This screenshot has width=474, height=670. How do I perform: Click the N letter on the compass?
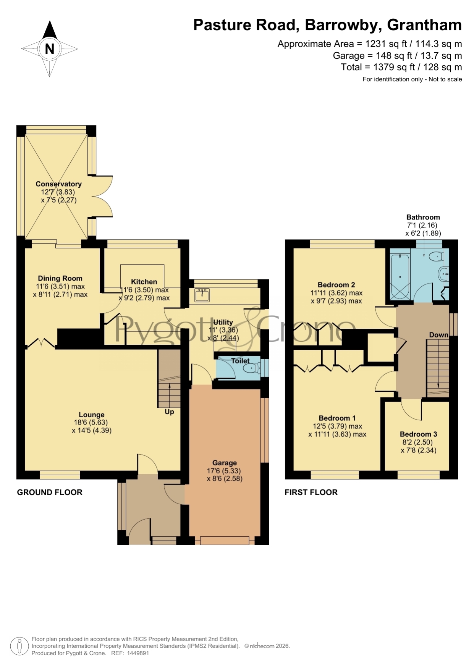(x=50, y=49)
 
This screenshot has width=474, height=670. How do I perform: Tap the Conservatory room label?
(x=59, y=184)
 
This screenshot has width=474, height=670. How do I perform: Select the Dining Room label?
(x=60, y=278)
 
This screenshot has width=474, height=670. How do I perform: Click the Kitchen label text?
(x=144, y=282)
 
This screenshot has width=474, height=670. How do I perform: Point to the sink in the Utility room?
(x=202, y=295)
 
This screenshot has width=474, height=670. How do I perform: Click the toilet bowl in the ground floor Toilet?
(x=251, y=368)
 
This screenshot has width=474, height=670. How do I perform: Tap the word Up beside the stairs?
(x=169, y=412)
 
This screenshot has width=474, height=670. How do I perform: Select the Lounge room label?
(x=92, y=415)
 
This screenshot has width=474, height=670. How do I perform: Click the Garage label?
(x=225, y=463)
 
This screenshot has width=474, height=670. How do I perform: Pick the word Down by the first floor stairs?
(x=438, y=335)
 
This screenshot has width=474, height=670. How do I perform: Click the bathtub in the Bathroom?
(x=400, y=277)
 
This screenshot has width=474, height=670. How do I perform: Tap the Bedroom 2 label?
(x=336, y=285)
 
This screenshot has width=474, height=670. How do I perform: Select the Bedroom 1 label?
(x=337, y=418)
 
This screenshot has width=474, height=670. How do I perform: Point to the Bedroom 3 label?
(x=419, y=434)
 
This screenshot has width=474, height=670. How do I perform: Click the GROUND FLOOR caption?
(x=50, y=492)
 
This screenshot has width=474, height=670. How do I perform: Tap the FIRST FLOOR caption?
(x=311, y=492)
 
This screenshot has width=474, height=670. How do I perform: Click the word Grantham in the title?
(x=424, y=25)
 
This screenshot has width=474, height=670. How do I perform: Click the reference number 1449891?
(x=138, y=653)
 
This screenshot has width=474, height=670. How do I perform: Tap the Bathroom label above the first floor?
(x=423, y=217)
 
